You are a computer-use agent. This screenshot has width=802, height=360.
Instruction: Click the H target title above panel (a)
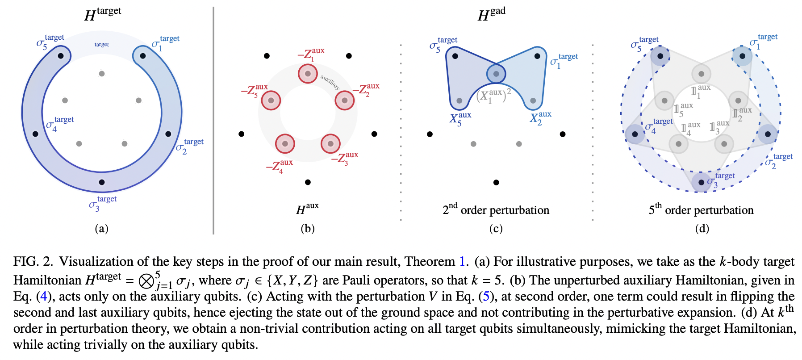pos(102,14)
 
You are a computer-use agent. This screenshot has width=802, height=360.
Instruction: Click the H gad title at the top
pos(491,14)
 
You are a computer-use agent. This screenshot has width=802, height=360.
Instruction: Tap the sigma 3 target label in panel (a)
pos(102,203)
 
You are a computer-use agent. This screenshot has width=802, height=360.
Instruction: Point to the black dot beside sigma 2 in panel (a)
pos(168,134)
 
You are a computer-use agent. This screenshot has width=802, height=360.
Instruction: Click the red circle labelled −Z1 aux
pos(308,73)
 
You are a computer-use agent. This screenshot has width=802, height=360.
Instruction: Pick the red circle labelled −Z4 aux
pos(285,144)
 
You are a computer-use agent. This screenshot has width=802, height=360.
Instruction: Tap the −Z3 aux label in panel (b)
pos(345,158)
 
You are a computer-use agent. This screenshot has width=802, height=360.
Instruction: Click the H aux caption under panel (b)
pos(307,209)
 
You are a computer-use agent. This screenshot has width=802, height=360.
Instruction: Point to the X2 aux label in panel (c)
pos(540,118)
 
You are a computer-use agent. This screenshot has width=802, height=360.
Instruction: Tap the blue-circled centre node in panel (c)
pos(496,74)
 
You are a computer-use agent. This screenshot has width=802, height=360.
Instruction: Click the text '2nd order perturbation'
pos(496,209)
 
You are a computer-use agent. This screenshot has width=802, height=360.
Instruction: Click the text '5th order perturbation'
pos(701,209)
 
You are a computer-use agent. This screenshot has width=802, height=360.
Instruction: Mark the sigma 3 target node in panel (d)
pos(701,182)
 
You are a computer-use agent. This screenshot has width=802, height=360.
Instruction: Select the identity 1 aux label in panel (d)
pos(700,92)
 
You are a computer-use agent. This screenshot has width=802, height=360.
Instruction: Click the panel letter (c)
pos(496,229)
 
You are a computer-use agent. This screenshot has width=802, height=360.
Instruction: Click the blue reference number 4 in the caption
pos(43,297)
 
